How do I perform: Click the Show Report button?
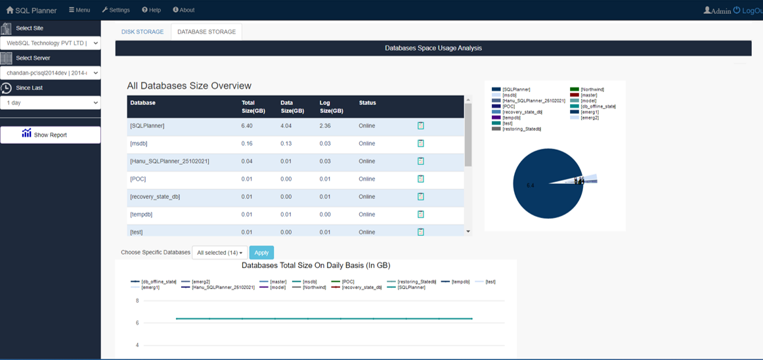50,135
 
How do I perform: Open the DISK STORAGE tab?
142,32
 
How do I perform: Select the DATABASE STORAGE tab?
206,32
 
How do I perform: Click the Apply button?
261,253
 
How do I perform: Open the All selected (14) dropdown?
219,253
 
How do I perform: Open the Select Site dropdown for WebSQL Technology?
50,43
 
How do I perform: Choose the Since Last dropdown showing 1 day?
50,103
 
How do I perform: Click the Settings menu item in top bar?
116,10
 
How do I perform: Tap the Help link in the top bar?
151,10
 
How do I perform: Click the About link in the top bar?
184,10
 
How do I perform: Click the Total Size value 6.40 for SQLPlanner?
247,125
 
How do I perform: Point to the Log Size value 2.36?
326,125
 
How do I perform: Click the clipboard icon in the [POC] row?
421,179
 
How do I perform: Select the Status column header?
368,103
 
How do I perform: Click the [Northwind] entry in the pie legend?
592,89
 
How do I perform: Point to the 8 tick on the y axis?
137,301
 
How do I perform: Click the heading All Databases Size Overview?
189,85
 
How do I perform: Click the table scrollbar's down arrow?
468,232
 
